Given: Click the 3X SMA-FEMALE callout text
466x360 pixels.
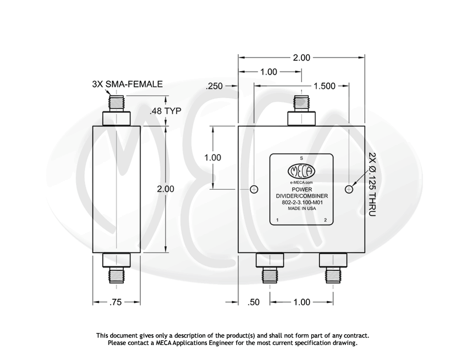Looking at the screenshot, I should pos(127,84).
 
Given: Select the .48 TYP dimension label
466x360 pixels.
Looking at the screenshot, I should pos(165,111).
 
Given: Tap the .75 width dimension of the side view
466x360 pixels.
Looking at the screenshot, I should pos(115,302).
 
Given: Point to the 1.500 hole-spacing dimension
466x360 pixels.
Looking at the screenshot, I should pos(324,86).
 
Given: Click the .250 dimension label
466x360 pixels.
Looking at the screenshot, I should pos(214,86).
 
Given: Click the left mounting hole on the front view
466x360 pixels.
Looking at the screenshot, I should pos(254,189).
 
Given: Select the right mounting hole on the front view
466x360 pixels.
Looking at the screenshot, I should pos(349,189).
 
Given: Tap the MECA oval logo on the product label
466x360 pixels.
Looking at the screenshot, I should pos(302,171).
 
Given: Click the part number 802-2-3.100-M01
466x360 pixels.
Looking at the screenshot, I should pos(301,202).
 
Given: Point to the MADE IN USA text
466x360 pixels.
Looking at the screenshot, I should pos(301,208).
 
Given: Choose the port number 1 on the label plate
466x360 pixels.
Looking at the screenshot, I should pos(277,220).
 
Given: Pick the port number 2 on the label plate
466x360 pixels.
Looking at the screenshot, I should pos(325,220).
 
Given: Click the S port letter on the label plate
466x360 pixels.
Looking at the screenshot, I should pos(301,159).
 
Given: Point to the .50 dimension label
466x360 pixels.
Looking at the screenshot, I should pos(254,302).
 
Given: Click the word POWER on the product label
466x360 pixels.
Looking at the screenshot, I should pos(301,190).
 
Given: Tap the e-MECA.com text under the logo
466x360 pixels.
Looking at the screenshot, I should pos(301,182).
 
